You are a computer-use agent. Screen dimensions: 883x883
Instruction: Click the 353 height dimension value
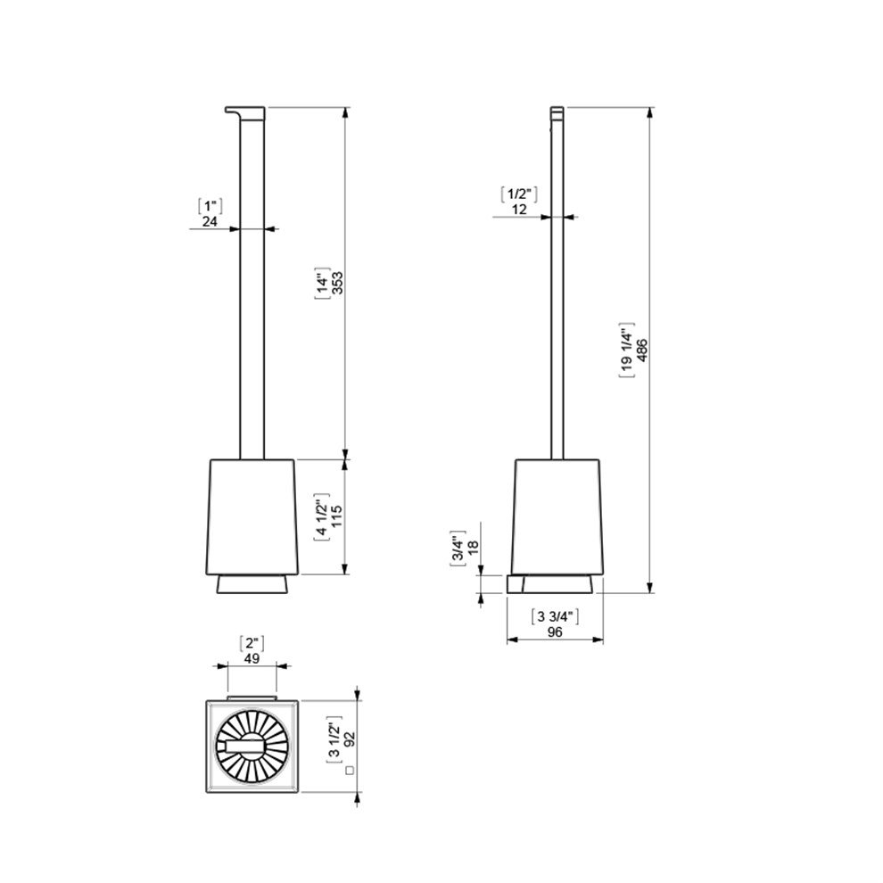(x=337, y=283)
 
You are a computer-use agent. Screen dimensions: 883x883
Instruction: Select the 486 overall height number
(x=642, y=351)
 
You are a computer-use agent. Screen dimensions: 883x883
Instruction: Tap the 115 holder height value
(x=337, y=516)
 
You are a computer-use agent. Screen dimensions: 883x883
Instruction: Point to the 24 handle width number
(x=210, y=221)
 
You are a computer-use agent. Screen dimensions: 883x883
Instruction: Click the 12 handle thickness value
(x=519, y=210)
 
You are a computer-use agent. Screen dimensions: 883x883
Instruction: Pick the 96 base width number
(x=555, y=632)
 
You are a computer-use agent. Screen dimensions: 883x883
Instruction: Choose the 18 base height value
(x=473, y=545)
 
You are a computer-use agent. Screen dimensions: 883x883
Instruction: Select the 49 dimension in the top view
(x=252, y=658)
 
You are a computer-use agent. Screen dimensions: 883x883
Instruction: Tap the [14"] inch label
(x=322, y=283)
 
